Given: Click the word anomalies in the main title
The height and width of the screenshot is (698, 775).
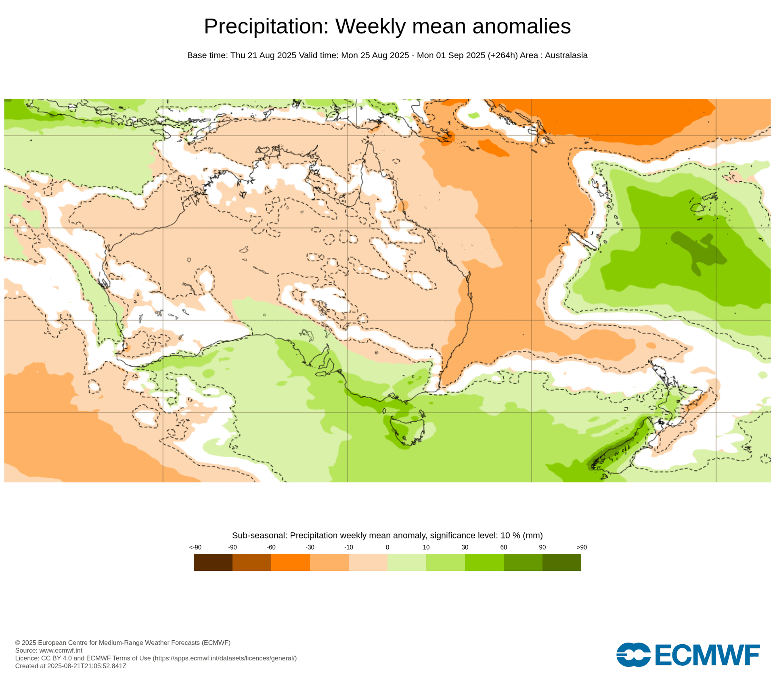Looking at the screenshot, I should coord(521,27).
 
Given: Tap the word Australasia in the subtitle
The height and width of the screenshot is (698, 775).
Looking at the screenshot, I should coord(566,55).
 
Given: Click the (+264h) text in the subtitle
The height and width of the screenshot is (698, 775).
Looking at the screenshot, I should coord(503,55).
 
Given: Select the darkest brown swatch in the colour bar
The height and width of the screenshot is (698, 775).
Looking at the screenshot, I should coord(213,562).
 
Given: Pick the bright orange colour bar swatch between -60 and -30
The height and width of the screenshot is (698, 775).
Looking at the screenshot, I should coord(290,562).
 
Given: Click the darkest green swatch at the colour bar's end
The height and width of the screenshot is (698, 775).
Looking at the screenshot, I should coord(561,562).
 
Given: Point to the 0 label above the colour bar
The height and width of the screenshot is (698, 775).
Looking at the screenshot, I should coord(387,547).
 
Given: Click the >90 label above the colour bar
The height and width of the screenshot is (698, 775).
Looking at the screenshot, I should coord(581,547).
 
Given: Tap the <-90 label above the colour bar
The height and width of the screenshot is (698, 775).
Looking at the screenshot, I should coord(195,547).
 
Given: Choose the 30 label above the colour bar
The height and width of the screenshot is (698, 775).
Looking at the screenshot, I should coord(465,547).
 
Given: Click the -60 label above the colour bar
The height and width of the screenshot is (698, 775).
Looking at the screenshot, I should coord(271,547).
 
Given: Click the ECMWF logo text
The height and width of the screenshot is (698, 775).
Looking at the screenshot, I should coord(707,655).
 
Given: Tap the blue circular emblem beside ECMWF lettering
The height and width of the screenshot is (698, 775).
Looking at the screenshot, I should coord(633,655).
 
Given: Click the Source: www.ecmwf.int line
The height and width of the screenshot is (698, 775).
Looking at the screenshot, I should coord(48,650).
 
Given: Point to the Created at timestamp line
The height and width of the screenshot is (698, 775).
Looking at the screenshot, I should coord(71,666).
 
